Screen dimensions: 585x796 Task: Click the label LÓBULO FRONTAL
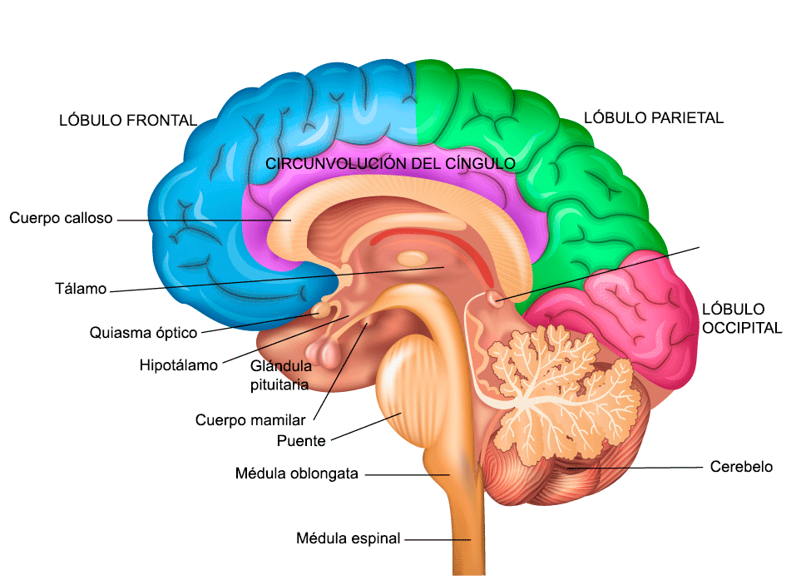pyautogui.click(x=128, y=120)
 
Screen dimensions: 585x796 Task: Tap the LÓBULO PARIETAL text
pyautogui.click(x=653, y=117)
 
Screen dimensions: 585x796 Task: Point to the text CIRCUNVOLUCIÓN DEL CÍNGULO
pyautogui.click(x=390, y=163)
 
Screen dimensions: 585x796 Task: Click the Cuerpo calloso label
pyautogui.click(x=61, y=218)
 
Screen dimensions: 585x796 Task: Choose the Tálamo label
pyautogui.click(x=81, y=290)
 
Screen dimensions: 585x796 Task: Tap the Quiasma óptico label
pyautogui.click(x=143, y=333)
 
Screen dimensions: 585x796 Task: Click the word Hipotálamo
pyautogui.click(x=178, y=364)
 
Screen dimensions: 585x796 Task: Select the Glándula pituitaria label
pyautogui.click(x=280, y=374)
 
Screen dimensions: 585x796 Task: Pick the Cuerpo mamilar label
pyautogui.click(x=250, y=419)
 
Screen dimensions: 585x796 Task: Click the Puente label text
pyautogui.click(x=300, y=440)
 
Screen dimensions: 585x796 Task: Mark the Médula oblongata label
pyautogui.click(x=296, y=474)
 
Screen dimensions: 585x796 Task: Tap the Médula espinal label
pyautogui.click(x=348, y=538)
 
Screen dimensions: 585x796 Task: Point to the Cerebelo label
pyautogui.click(x=740, y=467)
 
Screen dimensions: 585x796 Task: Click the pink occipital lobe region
pyautogui.click(x=632, y=308)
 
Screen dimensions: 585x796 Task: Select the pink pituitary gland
pyautogui.click(x=328, y=354)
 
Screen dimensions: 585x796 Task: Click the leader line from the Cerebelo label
pyautogui.click(x=640, y=468)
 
